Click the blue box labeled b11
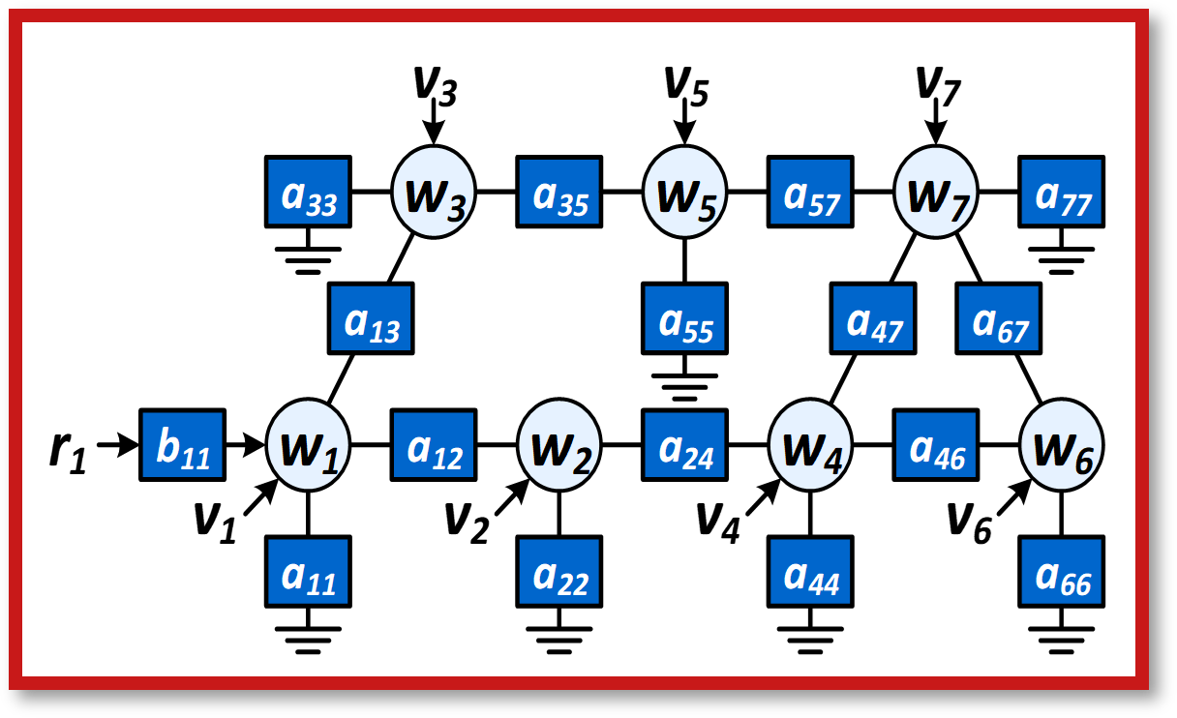point(182,445)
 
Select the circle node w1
point(308,445)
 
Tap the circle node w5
point(684,192)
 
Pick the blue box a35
point(559,192)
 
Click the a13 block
point(371,318)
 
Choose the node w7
point(936,192)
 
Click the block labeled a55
point(684,318)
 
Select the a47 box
point(873,318)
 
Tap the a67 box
point(999,318)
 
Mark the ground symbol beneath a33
point(308,260)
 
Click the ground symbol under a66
point(1062,640)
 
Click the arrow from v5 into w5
point(684,121)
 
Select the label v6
point(970,523)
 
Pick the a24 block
point(684,445)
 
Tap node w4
point(810,445)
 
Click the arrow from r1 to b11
point(118,445)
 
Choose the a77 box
point(1062,192)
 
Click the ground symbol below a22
point(559,640)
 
